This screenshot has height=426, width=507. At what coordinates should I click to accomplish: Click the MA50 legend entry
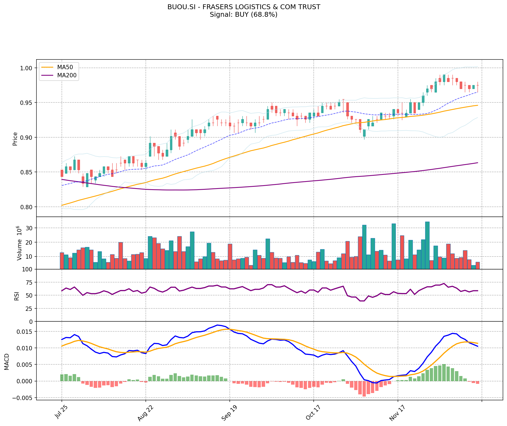(x=65, y=67)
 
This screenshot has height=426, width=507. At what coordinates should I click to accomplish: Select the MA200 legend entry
(x=67, y=76)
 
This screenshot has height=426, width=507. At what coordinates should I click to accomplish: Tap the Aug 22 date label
(x=145, y=413)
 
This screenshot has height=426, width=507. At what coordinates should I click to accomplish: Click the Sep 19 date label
(x=229, y=413)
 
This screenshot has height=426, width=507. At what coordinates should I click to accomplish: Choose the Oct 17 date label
(x=313, y=413)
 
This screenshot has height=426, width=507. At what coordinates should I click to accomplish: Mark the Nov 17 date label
(x=397, y=413)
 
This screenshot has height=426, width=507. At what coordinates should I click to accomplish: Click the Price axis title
(x=15, y=139)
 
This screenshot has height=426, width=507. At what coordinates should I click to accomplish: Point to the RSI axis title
(x=17, y=296)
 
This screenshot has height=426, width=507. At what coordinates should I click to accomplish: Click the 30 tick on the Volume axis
(x=29, y=228)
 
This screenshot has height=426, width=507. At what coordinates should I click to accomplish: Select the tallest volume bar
(x=427, y=245)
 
